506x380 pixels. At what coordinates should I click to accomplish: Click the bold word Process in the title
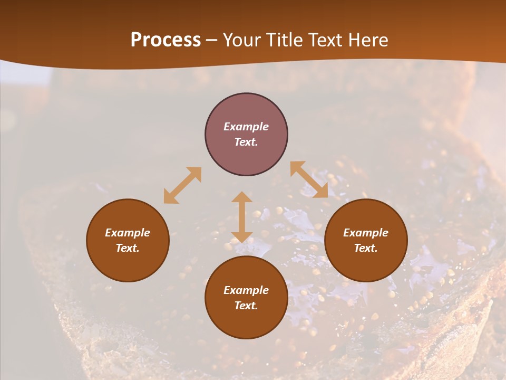click(x=166, y=40)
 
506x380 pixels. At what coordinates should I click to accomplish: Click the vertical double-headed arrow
click(x=242, y=217)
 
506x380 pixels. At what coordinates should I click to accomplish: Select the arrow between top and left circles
click(x=182, y=185)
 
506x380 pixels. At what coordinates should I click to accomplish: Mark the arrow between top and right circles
click(x=309, y=180)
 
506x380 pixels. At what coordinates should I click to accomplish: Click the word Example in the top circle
click(x=246, y=127)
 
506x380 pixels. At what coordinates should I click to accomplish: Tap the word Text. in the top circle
click(x=246, y=142)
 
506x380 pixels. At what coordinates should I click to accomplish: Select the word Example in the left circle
click(x=128, y=233)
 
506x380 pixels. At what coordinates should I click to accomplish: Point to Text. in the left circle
click(x=128, y=248)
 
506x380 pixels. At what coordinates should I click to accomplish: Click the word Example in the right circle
click(x=366, y=233)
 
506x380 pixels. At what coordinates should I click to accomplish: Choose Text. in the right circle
click(x=366, y=248)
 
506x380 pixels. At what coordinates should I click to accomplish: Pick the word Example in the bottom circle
click(x=246, y=290)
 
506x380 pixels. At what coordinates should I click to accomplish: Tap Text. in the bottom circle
click(x=246, y=306)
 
